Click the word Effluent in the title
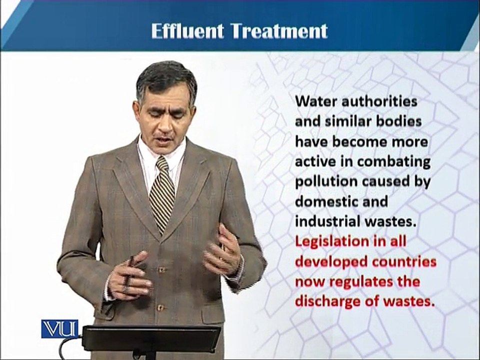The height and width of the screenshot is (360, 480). (187, 31)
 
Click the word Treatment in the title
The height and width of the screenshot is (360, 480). (279, 31)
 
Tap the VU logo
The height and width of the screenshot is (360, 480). (59, 329)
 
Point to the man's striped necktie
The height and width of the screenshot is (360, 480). (161, 193)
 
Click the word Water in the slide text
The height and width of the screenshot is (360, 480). (315, 101)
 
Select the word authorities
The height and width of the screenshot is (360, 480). (379, 101)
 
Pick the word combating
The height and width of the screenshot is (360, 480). (393, 162)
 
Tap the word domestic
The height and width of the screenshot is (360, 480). (324, 201)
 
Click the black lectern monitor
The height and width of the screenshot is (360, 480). (152, 338)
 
